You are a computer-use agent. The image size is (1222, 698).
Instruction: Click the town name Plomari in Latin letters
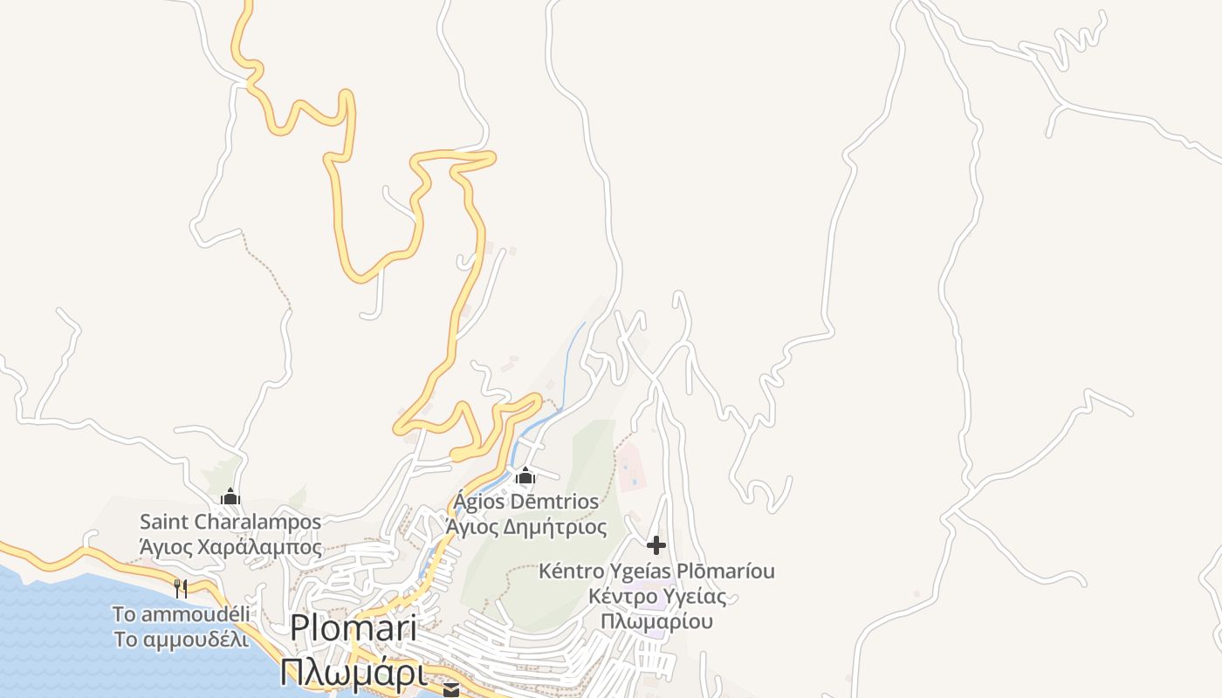[x=353, y=628]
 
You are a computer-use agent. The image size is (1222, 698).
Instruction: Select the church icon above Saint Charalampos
[x=230, y=497]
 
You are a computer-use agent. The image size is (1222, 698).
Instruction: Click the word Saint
[x=165, y=523]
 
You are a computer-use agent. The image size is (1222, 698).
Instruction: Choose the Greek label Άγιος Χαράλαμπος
[x=230, y=548]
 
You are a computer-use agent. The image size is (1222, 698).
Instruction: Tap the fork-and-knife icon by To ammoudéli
[x=181, y=588]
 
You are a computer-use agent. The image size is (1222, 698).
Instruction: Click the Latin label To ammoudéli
[x=182, y=614]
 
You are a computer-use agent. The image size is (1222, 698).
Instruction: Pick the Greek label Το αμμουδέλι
[x=182, y=640]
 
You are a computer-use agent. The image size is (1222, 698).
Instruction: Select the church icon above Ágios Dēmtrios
[x=525, y=476]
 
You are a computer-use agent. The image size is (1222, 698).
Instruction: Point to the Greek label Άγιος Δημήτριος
[x=525, y=527]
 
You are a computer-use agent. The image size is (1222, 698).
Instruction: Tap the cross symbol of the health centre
[x=656, y=546]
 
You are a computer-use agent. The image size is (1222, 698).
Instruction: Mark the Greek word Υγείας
[x=689, y=597]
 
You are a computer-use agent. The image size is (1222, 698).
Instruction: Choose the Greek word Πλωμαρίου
[x=656, y=621]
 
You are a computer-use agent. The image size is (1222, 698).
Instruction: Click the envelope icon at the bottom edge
[x=450, y=690]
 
